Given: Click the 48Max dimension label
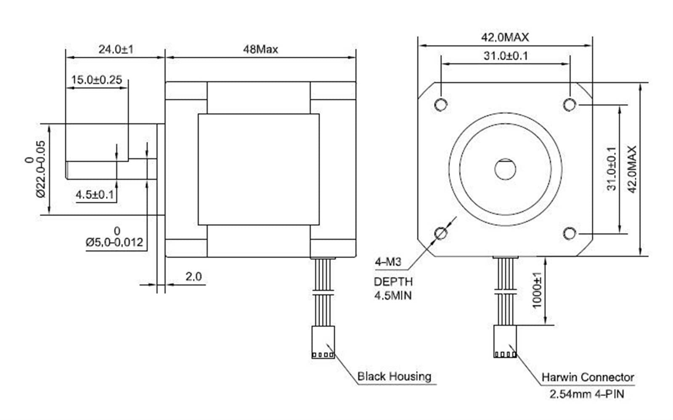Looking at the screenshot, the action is (260, 49).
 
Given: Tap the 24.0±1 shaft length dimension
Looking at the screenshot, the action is (116, 49).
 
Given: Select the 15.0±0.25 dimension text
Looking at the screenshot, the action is (96, 80).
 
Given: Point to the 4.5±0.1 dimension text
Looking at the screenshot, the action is (95, 195).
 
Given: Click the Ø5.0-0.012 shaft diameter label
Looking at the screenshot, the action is (114, 242).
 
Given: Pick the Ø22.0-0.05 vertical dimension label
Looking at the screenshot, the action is (40, 169).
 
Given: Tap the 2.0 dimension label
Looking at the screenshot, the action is (193, 277).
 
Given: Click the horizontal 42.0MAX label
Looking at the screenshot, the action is (505, 37).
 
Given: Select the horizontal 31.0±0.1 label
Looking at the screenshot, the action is (506, 56).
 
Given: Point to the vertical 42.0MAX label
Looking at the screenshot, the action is (632, 169).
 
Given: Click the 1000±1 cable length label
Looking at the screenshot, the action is (537, 291).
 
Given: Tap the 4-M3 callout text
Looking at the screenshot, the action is (388, 262).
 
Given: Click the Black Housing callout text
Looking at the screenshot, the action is (394, 376).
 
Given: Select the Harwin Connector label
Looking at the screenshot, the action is (588, 378).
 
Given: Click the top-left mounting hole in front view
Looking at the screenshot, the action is (441, 105).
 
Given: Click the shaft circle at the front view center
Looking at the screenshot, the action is (505, 169).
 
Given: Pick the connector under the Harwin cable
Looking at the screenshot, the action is (505, 342).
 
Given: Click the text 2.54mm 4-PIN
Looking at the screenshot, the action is (587, 394).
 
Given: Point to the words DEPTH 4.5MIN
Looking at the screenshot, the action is (393, 289).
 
